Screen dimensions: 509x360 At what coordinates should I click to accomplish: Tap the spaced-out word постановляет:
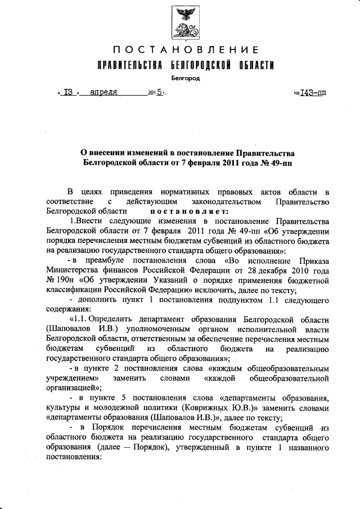point(188,211)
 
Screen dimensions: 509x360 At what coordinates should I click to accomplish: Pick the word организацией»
point(74,388)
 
